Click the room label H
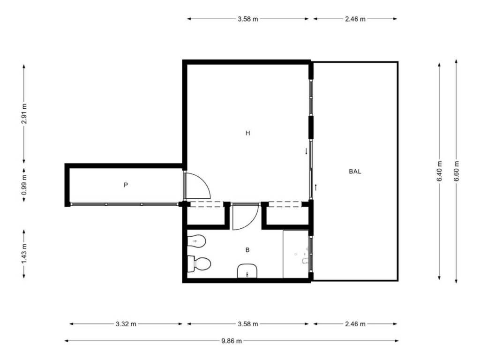[247, 133]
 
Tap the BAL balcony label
[355, 171]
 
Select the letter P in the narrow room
[126, 185]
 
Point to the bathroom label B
[247, 250]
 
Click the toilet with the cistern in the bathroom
[198, 264]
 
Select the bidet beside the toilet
[196, 241]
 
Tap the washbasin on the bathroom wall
[247, 271]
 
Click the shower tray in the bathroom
[295, 254]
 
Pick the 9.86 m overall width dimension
[232, 341]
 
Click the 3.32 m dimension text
[126, 324]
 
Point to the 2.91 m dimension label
[24, 113]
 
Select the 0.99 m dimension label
[24, 185]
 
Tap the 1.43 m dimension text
[24, 254]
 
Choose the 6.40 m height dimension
[439, 171]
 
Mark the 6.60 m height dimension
[457, 171]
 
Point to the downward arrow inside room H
[306, 151]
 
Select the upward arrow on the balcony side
[315, 187]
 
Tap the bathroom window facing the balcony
[311, 254]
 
